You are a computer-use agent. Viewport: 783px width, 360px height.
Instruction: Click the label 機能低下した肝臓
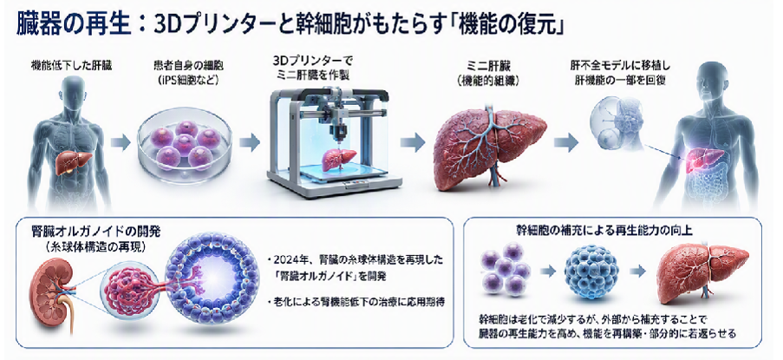click(69, 65)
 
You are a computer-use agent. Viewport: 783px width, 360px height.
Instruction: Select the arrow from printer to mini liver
click(413, 143)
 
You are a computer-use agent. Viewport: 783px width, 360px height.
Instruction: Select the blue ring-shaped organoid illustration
click(212, 280)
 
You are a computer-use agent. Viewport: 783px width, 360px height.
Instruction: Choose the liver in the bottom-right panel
click(702, 272)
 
